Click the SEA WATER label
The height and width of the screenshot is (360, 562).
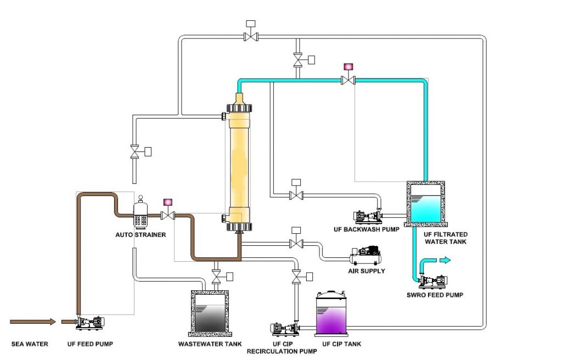click(x=30, y=344)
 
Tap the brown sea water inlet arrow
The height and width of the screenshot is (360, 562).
click(x=32, y=322)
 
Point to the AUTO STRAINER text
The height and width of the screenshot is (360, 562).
click(x=140, y=235)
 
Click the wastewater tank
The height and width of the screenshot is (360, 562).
click(x=210, y=313)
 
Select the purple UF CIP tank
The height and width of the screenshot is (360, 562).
click(x=331, y=314)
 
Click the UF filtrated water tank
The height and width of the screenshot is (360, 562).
click(x=426, y=204)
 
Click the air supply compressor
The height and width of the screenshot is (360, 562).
click(x=366, y=256)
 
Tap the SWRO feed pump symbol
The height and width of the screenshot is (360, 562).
click(x=434, y=282)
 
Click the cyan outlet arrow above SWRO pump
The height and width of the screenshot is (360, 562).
click(x=445, y=260)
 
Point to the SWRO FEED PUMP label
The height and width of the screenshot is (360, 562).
click(x=435, y=295)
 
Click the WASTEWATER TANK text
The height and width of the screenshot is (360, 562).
click(x=210, y=344)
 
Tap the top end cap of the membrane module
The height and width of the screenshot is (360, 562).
click(x=239, y=108)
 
